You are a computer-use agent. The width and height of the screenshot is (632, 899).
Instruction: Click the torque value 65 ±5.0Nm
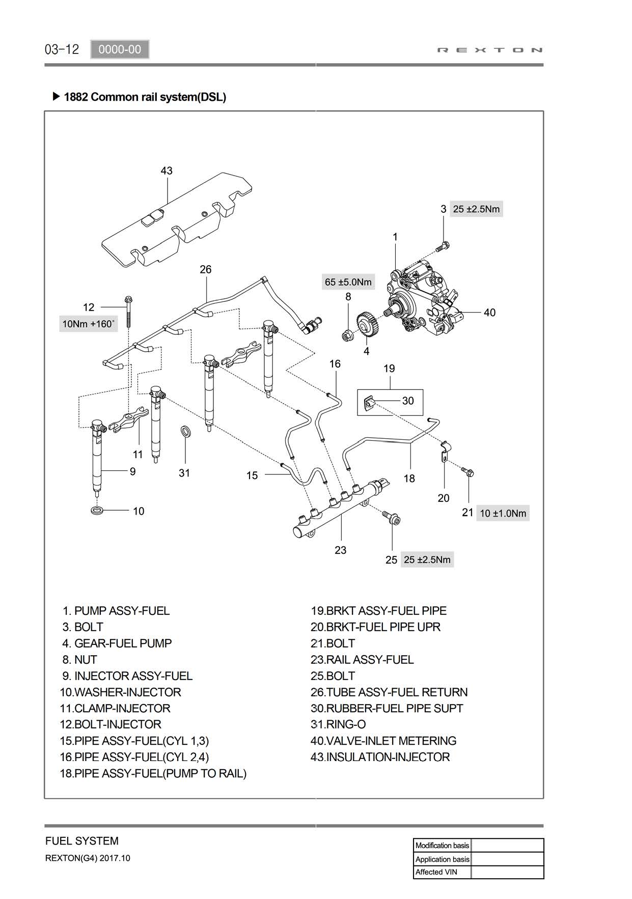click(x=348, y=282)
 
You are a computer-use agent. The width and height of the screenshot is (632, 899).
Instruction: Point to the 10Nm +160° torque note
click(x=89, y=324)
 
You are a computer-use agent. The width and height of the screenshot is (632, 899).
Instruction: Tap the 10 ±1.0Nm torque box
click(x=503, y=513)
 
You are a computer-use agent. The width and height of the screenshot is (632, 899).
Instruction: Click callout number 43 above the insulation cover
click(x=167, y=171)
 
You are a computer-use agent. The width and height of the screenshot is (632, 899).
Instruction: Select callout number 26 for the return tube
click(x=205, y=269)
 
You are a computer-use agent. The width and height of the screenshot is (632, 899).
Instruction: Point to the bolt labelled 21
click(x=468, y=472)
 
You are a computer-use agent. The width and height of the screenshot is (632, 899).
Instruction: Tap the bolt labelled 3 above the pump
click(x=443, y=247)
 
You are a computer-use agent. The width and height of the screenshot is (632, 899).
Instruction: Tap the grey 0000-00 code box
click(x=120, y=49)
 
